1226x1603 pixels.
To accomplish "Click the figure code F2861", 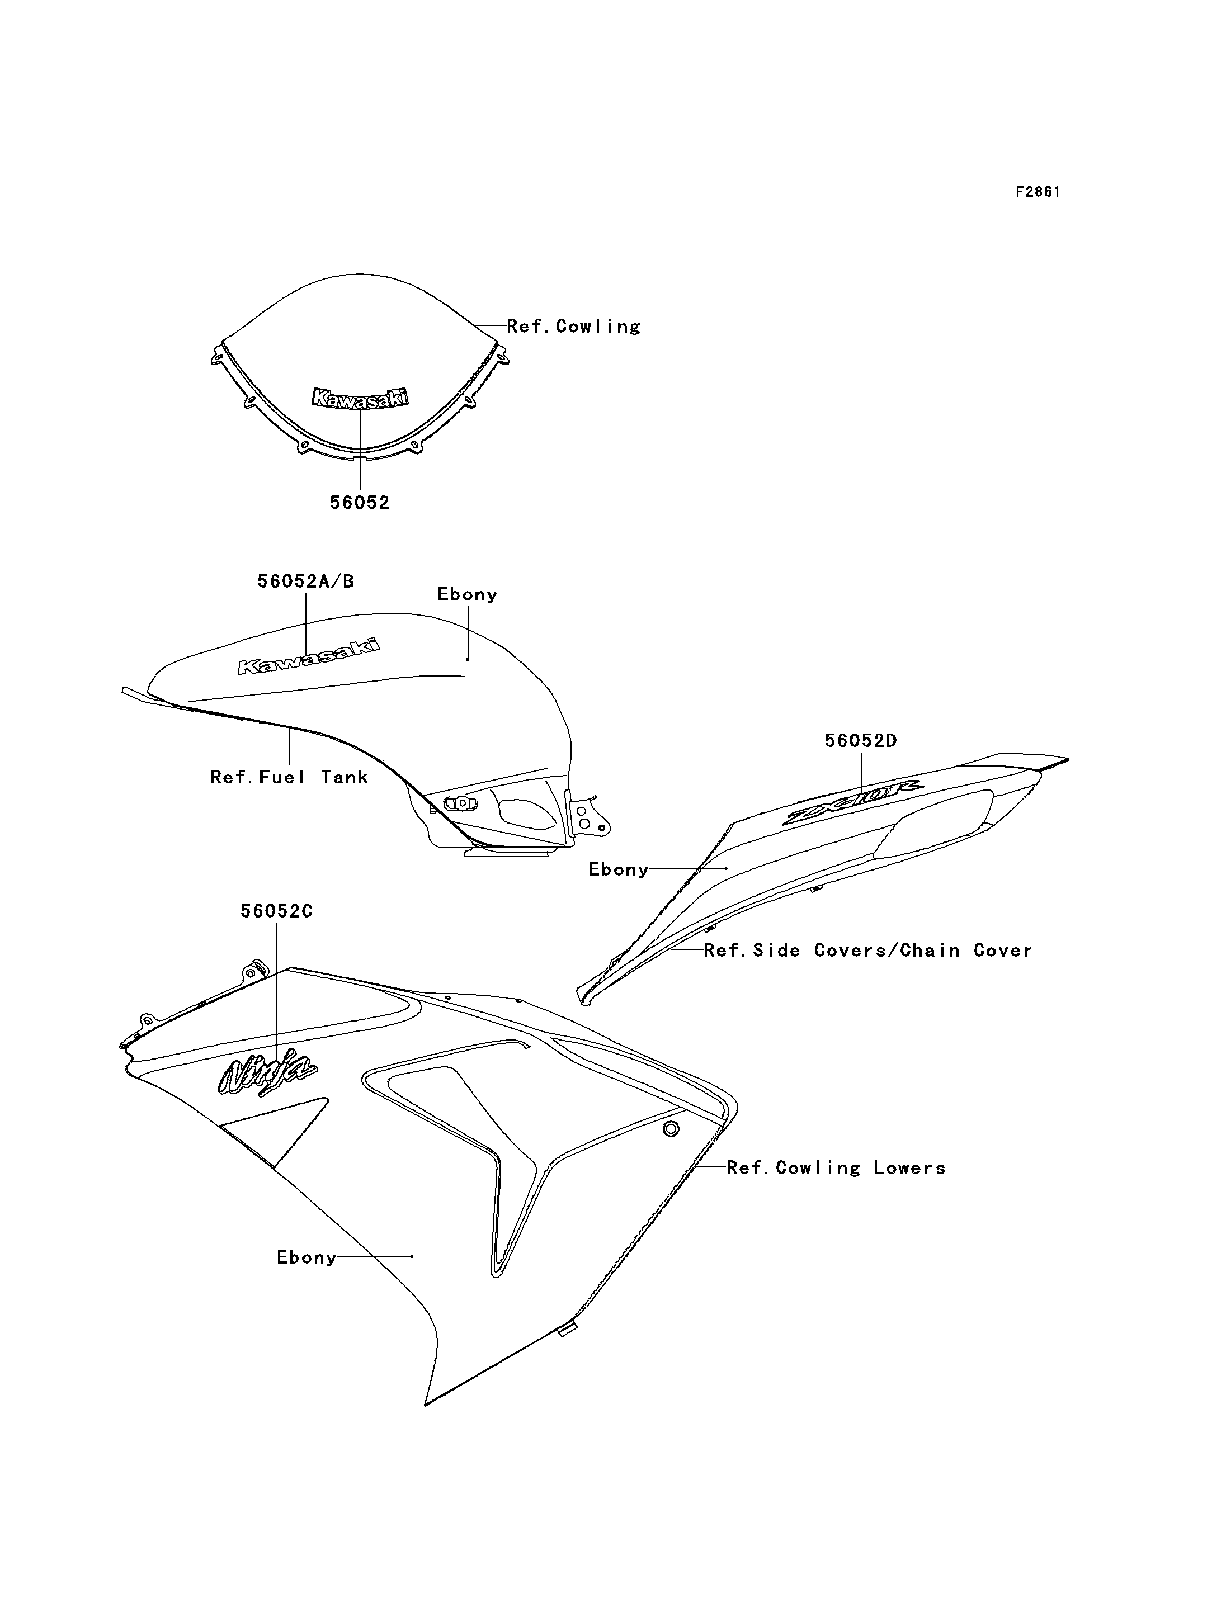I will coord(1038,192).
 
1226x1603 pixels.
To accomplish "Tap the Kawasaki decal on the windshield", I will coord(360,398).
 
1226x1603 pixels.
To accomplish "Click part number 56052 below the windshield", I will coord(360,503).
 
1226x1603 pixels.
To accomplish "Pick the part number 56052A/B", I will coord(306,581).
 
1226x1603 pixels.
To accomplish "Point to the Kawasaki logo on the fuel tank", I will coord(309,656).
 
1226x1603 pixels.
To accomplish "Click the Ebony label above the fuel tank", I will coord(467,595).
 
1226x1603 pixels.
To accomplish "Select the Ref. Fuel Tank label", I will coord(289,777).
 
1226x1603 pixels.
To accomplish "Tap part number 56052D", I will coord(861,741).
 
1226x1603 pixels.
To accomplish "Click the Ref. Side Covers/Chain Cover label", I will coord(867,950).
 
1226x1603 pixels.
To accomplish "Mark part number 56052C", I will coord(277,911).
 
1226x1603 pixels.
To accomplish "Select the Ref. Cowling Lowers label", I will coord(836,1167).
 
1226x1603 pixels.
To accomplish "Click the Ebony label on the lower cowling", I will coord(306,1257).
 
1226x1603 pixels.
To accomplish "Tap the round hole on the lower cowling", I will coord(671,1129).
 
